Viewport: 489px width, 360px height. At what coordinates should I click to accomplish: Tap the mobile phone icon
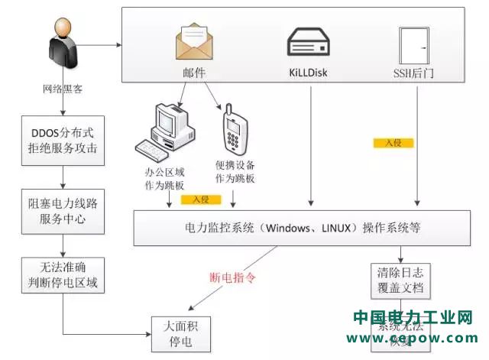pyautogui.click(x=235, y=130)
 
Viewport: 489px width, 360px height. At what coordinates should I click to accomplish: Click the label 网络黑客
pyautogui.click(x=63, y=88)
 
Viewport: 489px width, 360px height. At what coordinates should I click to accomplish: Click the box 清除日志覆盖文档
pyautogui.click(x=400, y=281)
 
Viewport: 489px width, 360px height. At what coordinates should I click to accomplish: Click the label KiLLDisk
pyautogui.click(x=309, y=73)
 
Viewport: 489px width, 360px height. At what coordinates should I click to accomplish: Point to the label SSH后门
pyautogui.click(x=414, y=74)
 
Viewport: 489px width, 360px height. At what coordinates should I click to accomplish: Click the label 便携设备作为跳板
pyautogui.click(x=235, y=171)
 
